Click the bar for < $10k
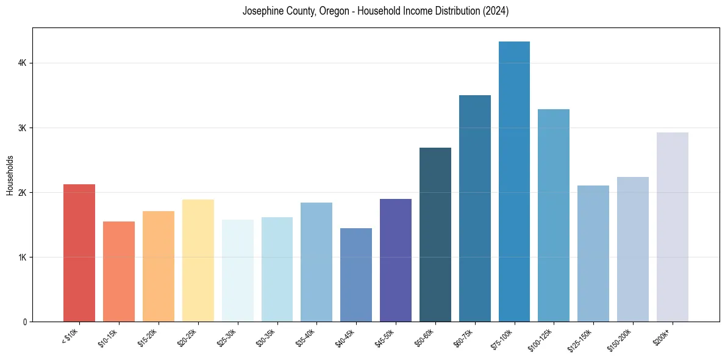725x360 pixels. (x=79, y=253)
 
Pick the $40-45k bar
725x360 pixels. (x=356, y=275)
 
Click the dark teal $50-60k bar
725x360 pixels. (x=435, y=234)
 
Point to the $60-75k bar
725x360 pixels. (x=475, y=208)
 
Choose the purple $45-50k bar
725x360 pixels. (x=396, y=260)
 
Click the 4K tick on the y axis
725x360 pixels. (x=22, y=63)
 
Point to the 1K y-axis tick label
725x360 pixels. (x=22, y=257)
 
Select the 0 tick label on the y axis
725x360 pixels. (x=25, y=322)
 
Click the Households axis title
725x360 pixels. (x=10, y=175)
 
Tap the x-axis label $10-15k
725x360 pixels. (x=108, y=337)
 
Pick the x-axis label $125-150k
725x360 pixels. (x=580, y=339)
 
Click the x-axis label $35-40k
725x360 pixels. (x=306, y=337)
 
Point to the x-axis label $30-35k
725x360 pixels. (x=266, y=337)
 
